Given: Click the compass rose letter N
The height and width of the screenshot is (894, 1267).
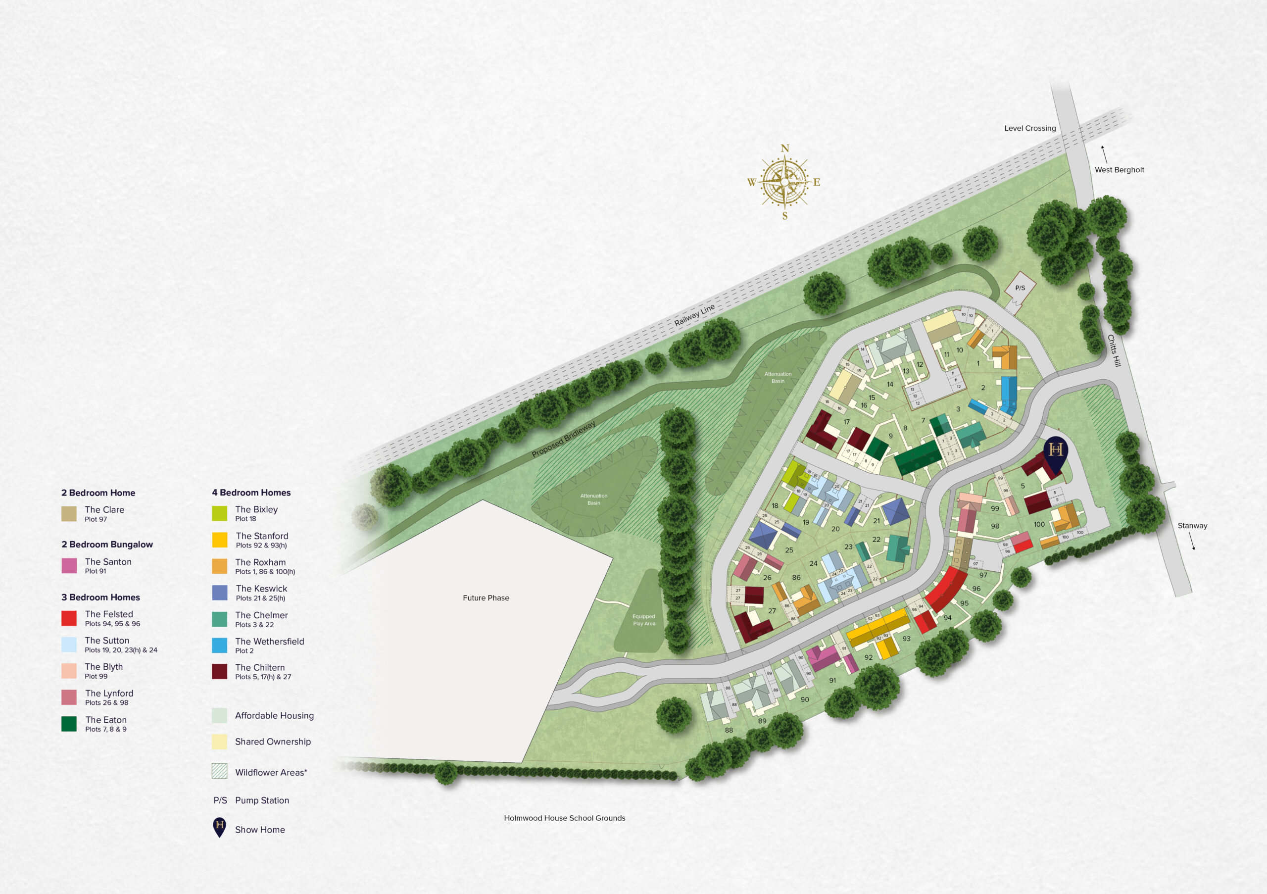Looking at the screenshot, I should tap(785, 149).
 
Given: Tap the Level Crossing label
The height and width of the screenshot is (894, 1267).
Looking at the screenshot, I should tap(1030, 128).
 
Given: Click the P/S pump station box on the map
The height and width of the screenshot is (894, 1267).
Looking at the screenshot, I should tap(1020, 288).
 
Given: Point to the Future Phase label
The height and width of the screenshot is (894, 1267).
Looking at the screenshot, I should tap(486, 597).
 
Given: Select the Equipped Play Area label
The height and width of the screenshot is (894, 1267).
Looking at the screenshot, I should tap(643, 620).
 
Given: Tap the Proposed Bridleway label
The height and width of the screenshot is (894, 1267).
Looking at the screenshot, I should tap(563, 439).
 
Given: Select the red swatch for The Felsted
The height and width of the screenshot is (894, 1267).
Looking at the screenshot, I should tap(69, 618).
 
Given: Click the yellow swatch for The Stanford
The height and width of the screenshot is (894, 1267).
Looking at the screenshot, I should tap(220, 540).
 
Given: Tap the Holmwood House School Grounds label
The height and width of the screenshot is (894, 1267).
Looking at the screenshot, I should tap(564, 818).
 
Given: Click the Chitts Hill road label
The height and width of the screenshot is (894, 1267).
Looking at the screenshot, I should tap(1114, 351).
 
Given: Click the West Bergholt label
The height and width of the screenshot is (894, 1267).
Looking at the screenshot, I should tap(1119, 170).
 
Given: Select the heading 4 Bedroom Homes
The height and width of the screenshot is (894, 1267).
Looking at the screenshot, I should tap(251, 492).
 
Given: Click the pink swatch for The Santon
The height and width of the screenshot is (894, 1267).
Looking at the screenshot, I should tap(69, 566).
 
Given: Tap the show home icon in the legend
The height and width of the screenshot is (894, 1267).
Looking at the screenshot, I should tap(220, 827).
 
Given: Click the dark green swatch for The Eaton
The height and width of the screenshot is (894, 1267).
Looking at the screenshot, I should tap(69, 724).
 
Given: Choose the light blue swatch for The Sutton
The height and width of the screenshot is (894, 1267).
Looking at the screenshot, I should tap(69, 645).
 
